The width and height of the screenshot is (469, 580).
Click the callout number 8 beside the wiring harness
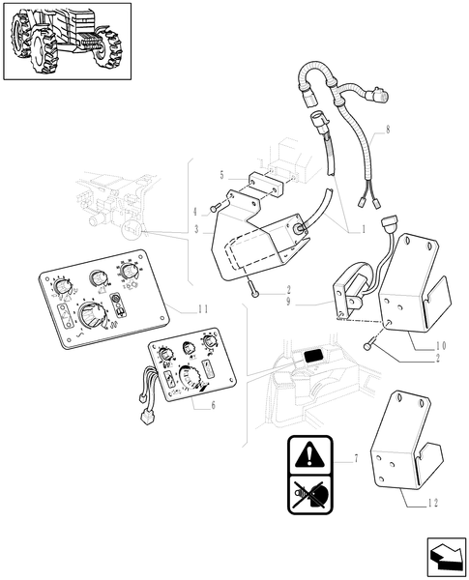(388, 130)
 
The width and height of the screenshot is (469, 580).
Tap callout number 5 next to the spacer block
(222, 175)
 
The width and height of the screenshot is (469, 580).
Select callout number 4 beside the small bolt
(195, 213)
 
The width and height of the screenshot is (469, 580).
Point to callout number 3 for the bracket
(197, 230)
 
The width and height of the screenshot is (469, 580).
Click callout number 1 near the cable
(364, 230)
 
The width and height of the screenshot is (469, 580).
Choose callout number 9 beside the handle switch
(288, 302)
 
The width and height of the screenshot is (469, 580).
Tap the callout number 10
(441, 346)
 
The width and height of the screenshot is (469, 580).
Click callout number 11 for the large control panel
(202, 309)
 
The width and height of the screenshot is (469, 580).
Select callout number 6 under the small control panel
(213, 405)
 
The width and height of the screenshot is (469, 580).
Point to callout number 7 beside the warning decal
(356, 459)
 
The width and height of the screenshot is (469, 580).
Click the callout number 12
(433, 503)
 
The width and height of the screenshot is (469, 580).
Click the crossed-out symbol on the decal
(309, 494)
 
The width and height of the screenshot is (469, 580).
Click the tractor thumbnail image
(67, 41)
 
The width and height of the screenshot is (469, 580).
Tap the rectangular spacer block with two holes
(265, 185)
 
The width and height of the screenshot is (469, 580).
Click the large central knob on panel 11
(91, 315)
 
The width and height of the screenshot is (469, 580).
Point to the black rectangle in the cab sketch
(314, 356)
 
